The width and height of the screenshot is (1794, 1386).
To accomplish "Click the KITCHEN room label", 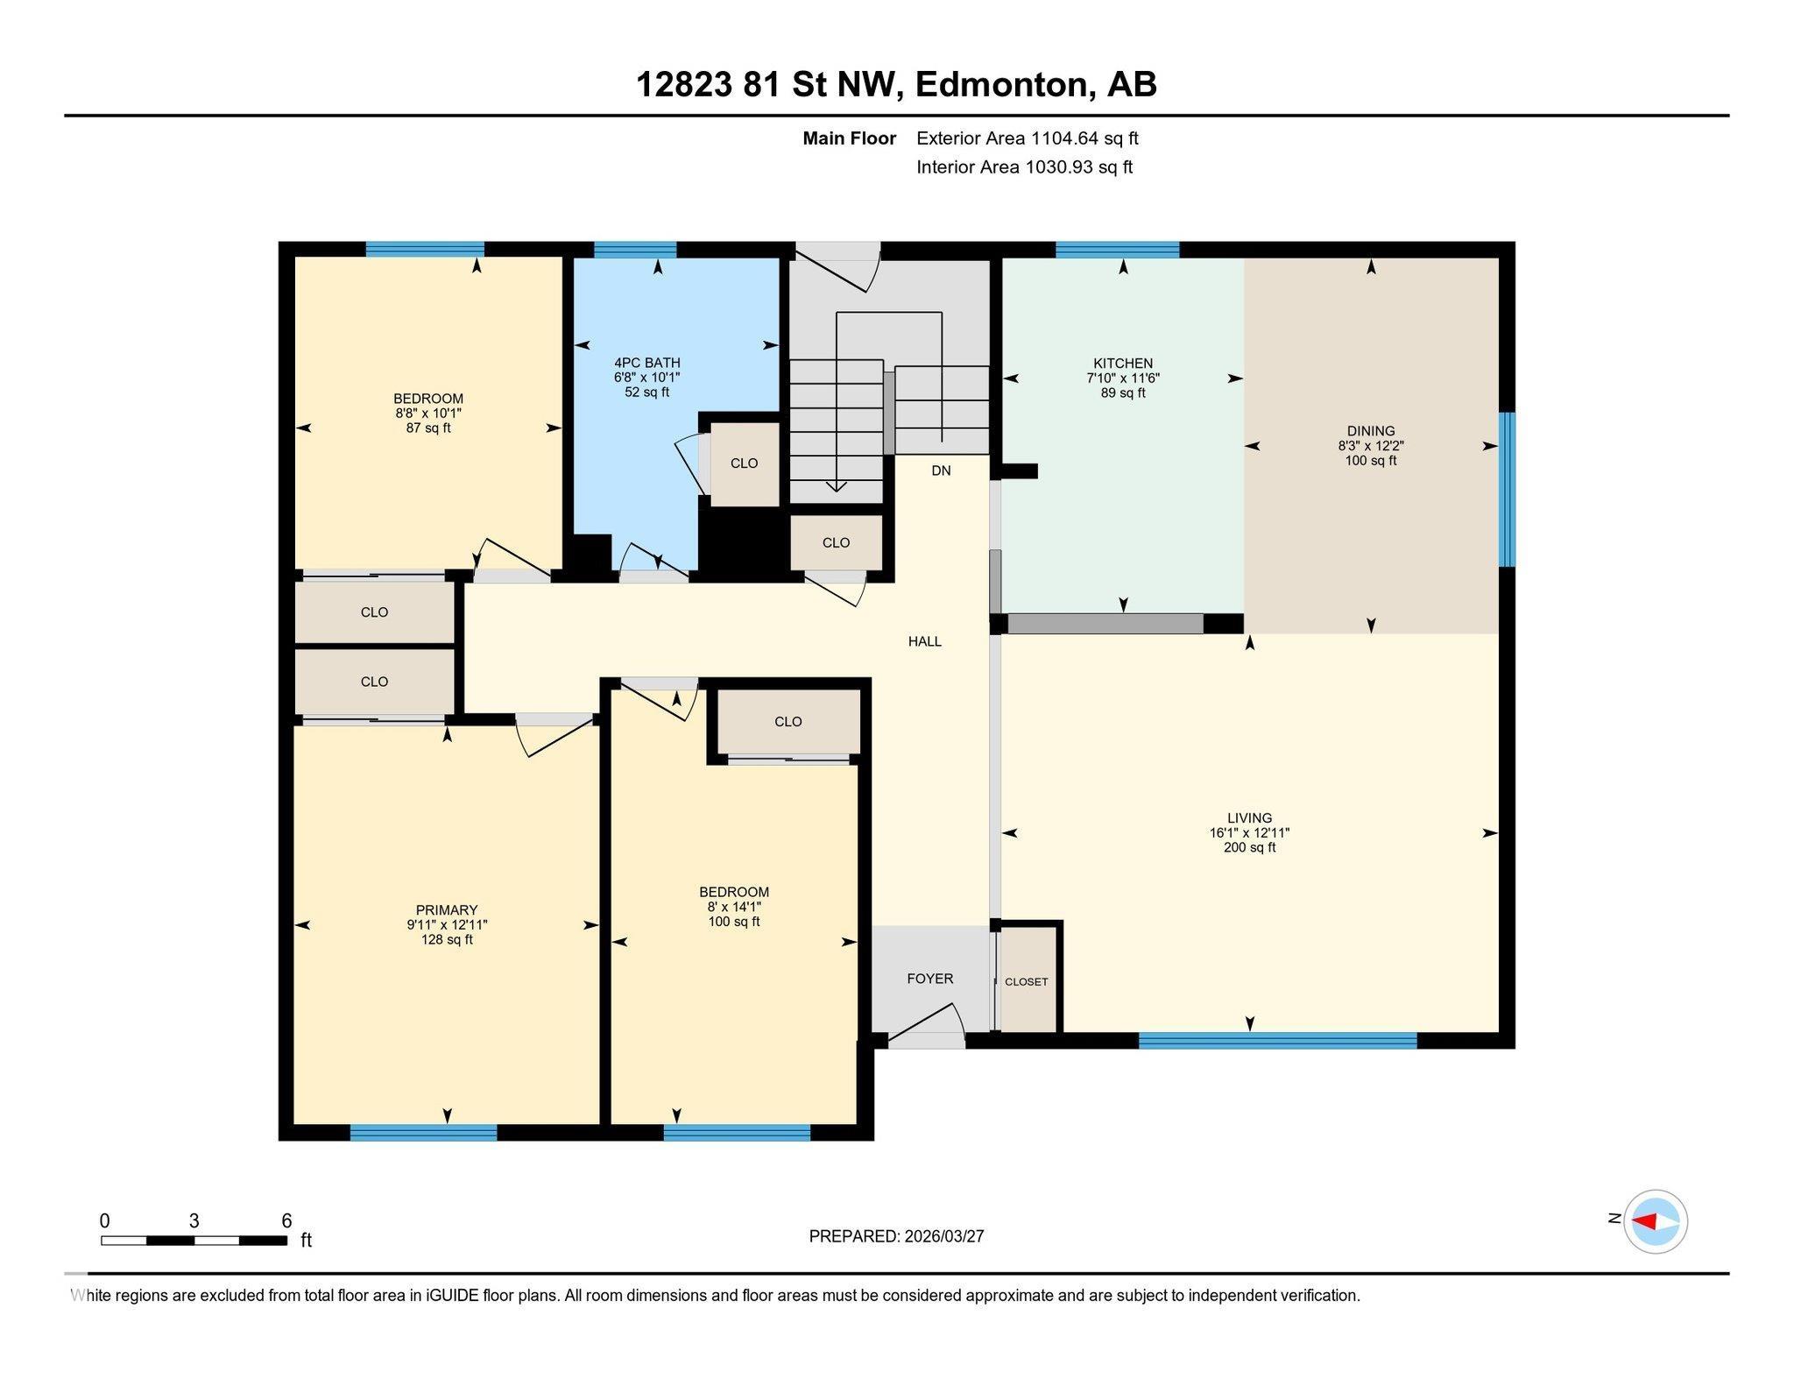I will point(1122,363).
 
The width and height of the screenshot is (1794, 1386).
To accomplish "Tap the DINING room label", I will point(1370,430).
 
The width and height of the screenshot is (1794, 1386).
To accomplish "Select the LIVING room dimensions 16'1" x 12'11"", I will point(1249,833).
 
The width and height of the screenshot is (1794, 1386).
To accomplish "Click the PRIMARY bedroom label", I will point(447,910).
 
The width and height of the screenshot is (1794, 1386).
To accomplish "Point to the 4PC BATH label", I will point(646,363).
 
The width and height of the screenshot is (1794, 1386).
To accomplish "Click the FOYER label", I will point(929,979).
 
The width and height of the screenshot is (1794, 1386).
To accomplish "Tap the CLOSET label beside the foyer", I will point(1026,982).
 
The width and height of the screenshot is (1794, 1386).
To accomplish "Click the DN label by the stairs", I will point(941,470).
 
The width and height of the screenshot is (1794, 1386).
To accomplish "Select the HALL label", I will point(924,641).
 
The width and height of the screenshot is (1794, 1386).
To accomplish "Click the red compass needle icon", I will point(1644,1221).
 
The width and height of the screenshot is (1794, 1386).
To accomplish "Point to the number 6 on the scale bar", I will point(286,1220).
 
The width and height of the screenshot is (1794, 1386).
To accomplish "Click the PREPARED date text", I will point(896,1236).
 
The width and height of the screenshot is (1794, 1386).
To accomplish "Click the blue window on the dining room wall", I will point(1506,490).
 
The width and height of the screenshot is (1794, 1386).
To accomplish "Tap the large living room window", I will point(1277,1041).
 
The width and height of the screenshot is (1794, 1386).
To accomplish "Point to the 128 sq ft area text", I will point(447,940).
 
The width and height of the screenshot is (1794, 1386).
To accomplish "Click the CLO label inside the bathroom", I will point(744,463).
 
